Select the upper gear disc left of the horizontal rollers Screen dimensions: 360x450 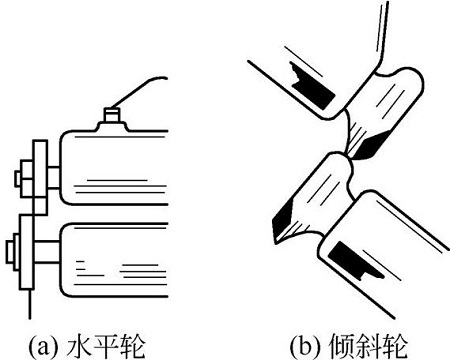coord(38,180)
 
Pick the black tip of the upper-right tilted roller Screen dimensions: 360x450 coord(361,148)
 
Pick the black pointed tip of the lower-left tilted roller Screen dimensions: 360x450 coord(287,216)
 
